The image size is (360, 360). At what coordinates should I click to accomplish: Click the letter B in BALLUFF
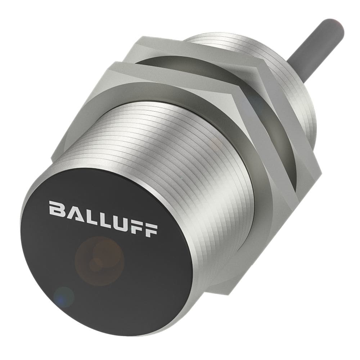coord(57,210)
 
